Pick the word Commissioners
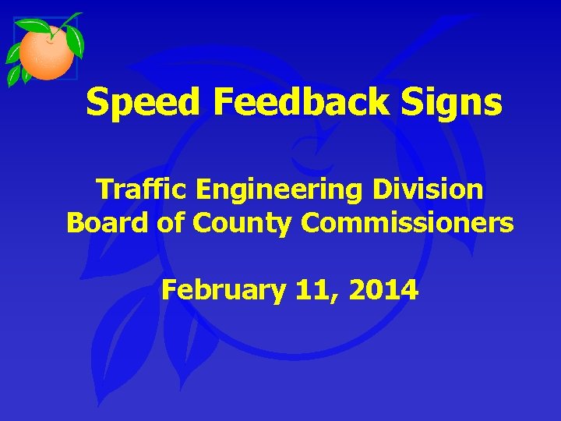pyautogui.click(x=407, y=223)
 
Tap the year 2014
pyautogui.click(x=383, y=291)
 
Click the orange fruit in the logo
pyautogui.click(x=46, y=51)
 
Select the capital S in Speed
pyautogui.click(x=97, y=103)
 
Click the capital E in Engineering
pyautogui.click(x=207, y=189)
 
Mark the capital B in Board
pyautogui.click(x=76, y=223)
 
